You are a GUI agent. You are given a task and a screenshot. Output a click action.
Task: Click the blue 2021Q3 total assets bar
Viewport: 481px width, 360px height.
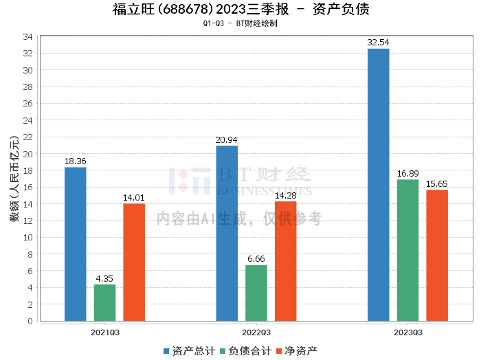click(76, 244)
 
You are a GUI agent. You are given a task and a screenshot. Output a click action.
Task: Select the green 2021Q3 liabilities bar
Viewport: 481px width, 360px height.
click(105, 302)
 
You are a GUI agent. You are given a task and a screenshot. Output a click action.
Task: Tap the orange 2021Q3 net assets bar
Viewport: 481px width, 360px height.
click(134, 262)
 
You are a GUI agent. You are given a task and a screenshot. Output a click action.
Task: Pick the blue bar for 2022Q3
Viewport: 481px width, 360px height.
click(227, 233)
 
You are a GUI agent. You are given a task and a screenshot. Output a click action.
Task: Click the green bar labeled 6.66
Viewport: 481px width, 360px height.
click(256, 293)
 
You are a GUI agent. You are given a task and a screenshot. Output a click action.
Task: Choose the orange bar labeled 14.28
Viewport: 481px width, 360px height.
click(285, 261)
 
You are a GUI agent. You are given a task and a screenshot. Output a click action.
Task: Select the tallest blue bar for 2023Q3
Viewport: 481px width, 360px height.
click(378, 185)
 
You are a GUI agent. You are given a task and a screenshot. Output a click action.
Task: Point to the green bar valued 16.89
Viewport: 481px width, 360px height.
click(407, 250)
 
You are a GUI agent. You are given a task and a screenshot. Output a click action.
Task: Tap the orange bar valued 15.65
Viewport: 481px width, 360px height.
click(437, 255)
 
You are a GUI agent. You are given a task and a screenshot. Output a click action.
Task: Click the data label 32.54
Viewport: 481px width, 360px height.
click(378, 43)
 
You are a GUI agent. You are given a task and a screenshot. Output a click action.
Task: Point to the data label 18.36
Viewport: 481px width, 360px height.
click(76, 161)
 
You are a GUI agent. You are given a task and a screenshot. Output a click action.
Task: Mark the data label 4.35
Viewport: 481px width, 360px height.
click(105, 278)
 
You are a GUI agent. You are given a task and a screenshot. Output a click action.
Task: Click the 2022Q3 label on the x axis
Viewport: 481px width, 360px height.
click(256, 333)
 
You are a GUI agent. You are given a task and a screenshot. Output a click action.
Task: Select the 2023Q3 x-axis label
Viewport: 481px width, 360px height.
click(407, 333)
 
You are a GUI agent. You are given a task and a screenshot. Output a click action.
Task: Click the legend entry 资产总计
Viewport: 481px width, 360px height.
click(187, 350)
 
